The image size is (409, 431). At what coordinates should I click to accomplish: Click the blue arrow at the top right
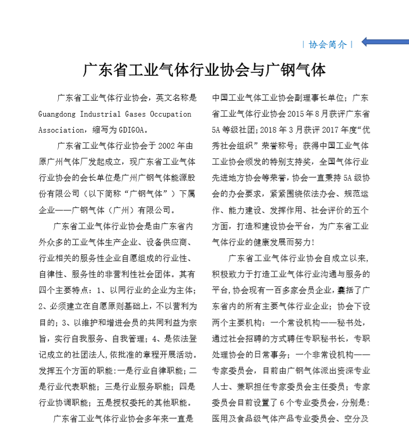coord(384,42)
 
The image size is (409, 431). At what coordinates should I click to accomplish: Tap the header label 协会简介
coord(327,44)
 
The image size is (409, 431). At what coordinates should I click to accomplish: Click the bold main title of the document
coord(204,70)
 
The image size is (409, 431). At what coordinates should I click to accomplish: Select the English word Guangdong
coord(60,114)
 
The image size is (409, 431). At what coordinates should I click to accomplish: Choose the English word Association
coord(60,130)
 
